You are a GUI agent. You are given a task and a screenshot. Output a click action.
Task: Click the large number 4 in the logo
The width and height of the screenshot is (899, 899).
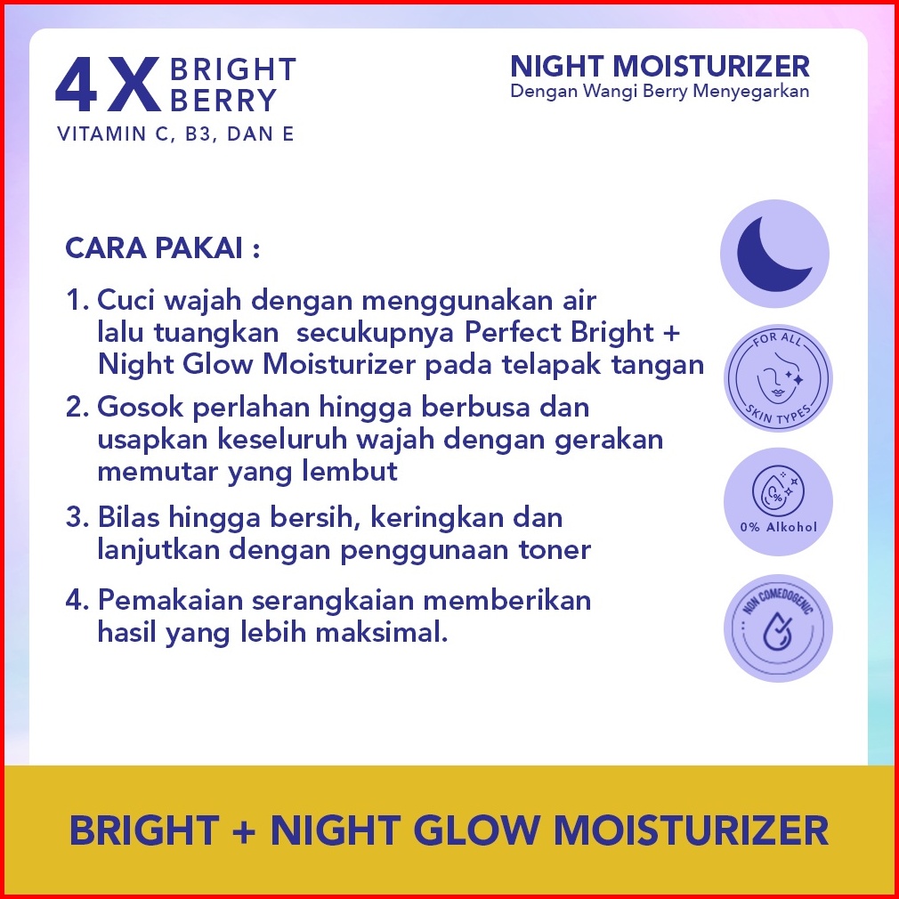[76, 85]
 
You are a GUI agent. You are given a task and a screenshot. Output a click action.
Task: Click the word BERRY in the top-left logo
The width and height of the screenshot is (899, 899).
[223, 101]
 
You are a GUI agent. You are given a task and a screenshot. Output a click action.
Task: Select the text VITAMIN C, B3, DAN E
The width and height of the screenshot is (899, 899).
[175, 134]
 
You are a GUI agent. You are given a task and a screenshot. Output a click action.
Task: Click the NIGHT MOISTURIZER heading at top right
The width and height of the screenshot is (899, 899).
[660, 66]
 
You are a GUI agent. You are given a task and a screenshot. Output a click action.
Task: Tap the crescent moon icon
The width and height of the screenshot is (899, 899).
[774, 254]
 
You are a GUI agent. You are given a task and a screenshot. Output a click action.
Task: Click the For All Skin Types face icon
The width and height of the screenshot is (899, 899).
[778, 377]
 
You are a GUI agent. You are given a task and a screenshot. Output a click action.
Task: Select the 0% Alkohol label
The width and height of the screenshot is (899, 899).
[778, 526]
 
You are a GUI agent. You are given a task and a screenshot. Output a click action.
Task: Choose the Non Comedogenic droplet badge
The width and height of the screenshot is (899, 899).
[778, 628]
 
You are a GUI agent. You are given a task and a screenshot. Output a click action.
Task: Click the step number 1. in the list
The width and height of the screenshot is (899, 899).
[77, 300]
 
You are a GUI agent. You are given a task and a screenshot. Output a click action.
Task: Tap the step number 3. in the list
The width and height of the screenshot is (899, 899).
[77, 517]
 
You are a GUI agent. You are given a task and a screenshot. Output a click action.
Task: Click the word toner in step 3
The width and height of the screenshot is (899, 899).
[555, 550]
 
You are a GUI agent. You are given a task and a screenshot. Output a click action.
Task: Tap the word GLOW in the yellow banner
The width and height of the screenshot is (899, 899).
[476, 830]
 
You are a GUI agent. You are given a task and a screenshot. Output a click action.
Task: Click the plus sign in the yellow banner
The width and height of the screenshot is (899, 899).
[244, 830]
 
